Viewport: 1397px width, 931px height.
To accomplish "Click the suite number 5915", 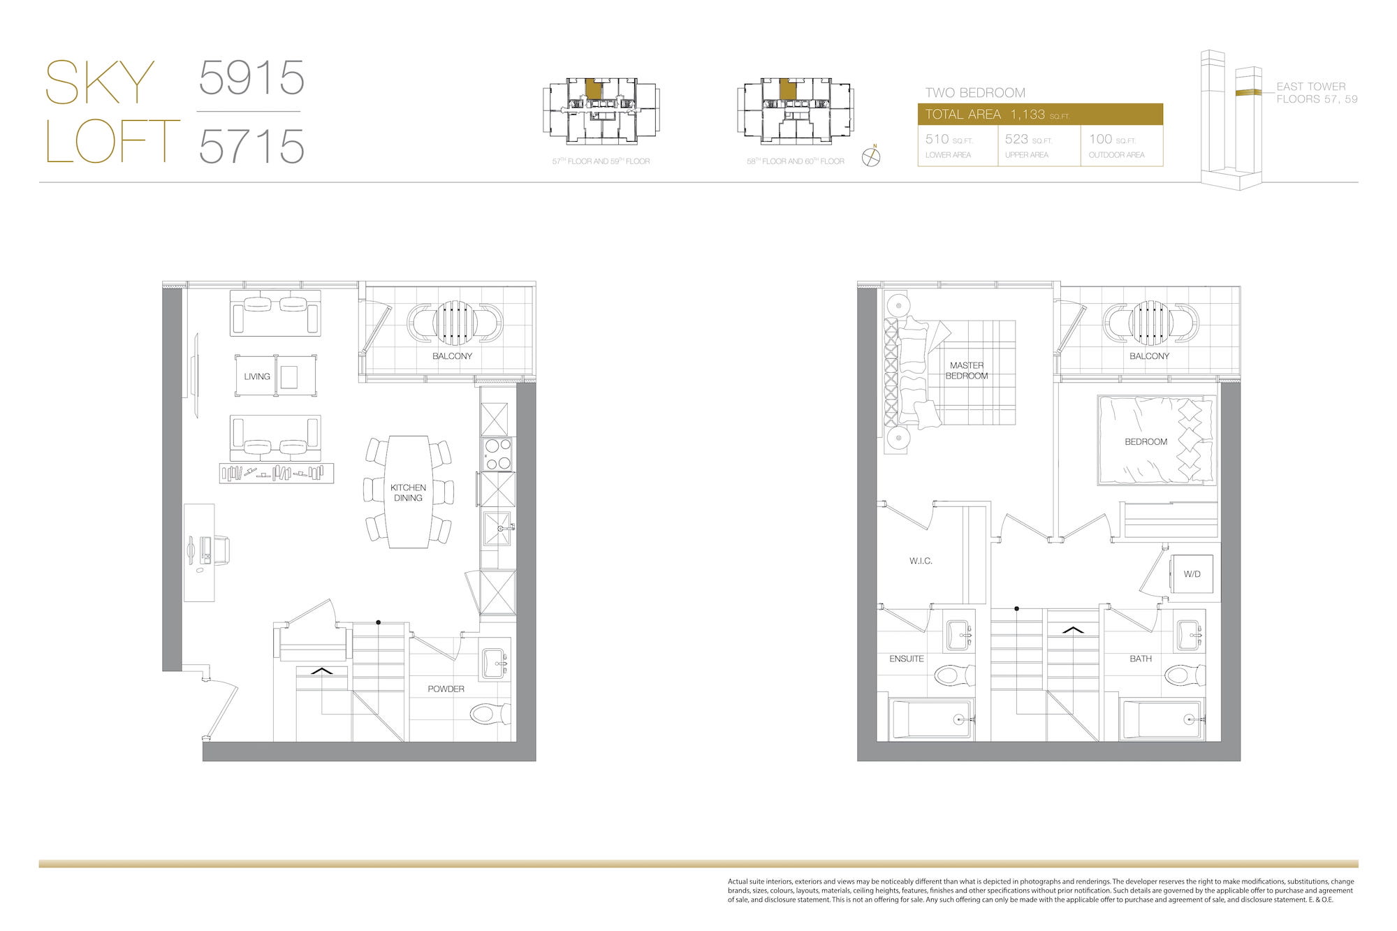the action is point(251,78).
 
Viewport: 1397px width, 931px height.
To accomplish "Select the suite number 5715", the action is point(251,146).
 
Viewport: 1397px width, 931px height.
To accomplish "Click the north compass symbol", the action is point(871,156).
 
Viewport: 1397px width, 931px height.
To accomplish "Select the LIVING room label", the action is point(257,376).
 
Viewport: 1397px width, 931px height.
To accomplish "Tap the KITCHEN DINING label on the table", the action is point(408,492).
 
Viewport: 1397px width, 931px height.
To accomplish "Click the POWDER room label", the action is point(446,689).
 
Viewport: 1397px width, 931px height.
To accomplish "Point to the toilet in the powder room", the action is point(491,714).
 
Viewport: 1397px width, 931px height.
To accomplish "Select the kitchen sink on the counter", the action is point(497,529).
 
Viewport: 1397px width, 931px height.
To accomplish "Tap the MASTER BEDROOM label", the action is point(967,370).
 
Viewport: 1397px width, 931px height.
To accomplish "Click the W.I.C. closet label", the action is point(921,561).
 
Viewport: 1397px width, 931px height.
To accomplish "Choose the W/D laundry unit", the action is point(1192,574).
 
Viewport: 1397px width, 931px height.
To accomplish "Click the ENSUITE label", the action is point(907,659).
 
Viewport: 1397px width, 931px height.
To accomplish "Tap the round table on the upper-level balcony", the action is point(1150,323).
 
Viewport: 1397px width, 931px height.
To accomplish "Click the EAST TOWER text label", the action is point(1311,87).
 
